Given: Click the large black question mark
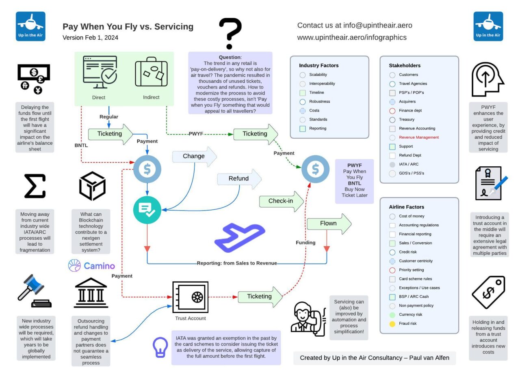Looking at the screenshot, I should pyautogui.click(x=230, y=33).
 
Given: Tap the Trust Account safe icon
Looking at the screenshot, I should pyautogui.click(x=190, y=297).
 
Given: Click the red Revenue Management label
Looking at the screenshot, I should pyautogui.click(x=419, y=137).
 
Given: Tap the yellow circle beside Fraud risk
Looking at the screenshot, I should pyautogui.click(x=392, y=324).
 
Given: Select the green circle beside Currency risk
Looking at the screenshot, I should pyautogui.click(x=392, y=315).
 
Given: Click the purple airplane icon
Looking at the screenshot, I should pyautogui.click(x=240, y=237).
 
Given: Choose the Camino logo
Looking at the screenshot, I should pyautogui.click(x=91, y=266).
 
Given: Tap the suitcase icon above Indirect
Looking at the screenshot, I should pyautogui.click(x=151, y=72).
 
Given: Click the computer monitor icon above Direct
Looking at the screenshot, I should pyautogui.click(x=100, y=72).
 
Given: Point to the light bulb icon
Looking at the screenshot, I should pyautogui.click(x=160, y=347).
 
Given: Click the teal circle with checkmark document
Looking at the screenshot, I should pyautogui.click(x=147, y=210).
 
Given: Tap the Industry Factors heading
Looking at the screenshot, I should pyautogui.click(x=318, y=65).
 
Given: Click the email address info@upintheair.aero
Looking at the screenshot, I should pyautogui.click(x=377, y=25).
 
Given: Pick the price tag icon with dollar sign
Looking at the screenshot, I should pyautogui.click(x=488, y=292).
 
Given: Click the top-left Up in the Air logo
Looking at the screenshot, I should pyautogui.click(x=30, y=26).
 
